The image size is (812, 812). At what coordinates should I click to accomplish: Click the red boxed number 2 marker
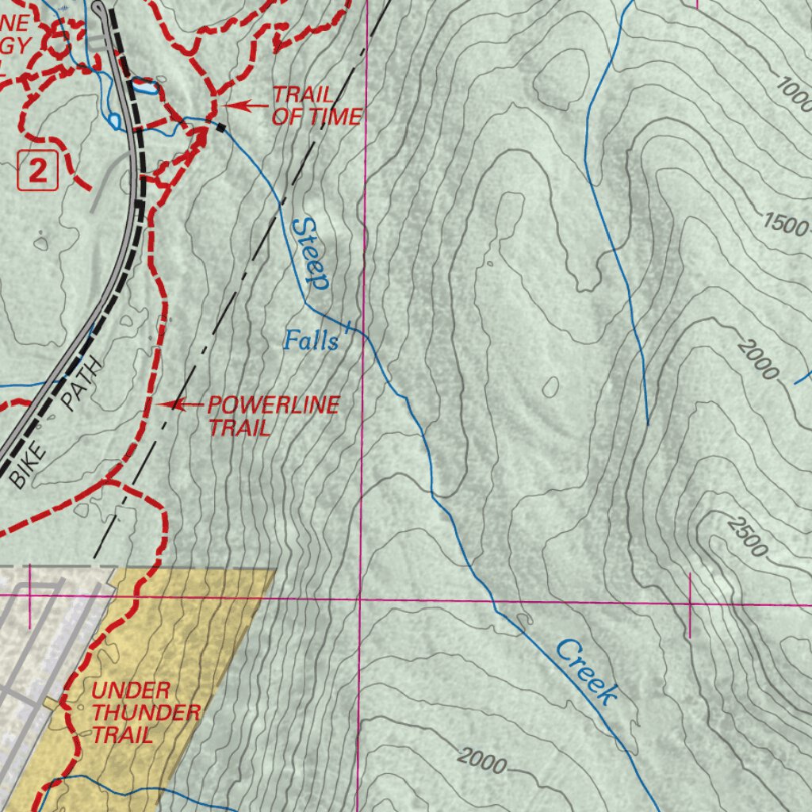click(37, 171)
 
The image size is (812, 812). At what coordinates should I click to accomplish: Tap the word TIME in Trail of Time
click(335, 117)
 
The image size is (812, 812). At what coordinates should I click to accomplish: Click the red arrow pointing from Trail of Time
click(247, 105)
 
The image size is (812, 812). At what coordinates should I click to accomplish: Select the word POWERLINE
click(274, 405)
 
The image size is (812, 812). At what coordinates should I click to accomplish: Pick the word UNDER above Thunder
click(131, 690)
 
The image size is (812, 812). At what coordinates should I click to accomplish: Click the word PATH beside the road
click(82, 385)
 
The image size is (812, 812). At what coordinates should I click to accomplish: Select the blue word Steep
click(310, 253)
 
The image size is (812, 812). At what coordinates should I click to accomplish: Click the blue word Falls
click(311, 341)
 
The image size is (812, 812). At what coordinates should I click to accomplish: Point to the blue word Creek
click(586, 672)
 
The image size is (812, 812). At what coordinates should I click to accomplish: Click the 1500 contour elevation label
click(785, 224)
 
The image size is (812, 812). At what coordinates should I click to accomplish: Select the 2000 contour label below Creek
click(481, 762)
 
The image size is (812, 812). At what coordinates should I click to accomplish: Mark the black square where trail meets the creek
click(221, 127)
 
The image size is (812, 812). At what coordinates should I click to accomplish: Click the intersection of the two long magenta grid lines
click(361, 599)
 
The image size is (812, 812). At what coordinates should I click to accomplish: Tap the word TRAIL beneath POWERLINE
click(239, 428)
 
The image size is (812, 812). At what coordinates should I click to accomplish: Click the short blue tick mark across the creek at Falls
click(349, 326)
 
